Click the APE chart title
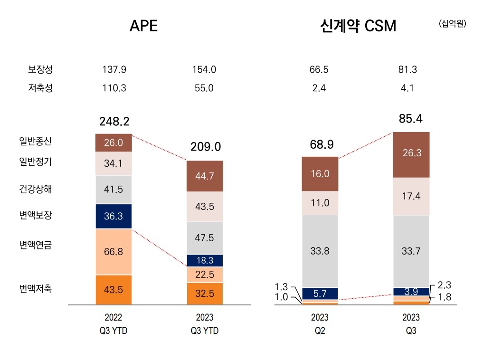click(143, 26)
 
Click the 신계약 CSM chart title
click(358, 26)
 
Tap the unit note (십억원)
click(452, 23)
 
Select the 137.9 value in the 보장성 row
click(114, 70)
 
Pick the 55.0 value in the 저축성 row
click(205, 88)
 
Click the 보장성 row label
click(40, 70)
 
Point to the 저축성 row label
click(40, 88)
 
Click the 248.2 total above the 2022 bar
click(114, 122)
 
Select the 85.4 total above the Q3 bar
click(411, 118)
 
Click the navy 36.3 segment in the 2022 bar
click(113, 216)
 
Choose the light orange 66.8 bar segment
click(113, 252)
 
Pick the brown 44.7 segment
click(205, 176)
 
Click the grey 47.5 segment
click(205, 238)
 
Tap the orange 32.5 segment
click(205, 294)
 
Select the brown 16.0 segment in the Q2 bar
click(320, 174)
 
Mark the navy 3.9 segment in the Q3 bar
click(411, 292)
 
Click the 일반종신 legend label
click(36, 141)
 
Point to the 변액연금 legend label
click(36, 246)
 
